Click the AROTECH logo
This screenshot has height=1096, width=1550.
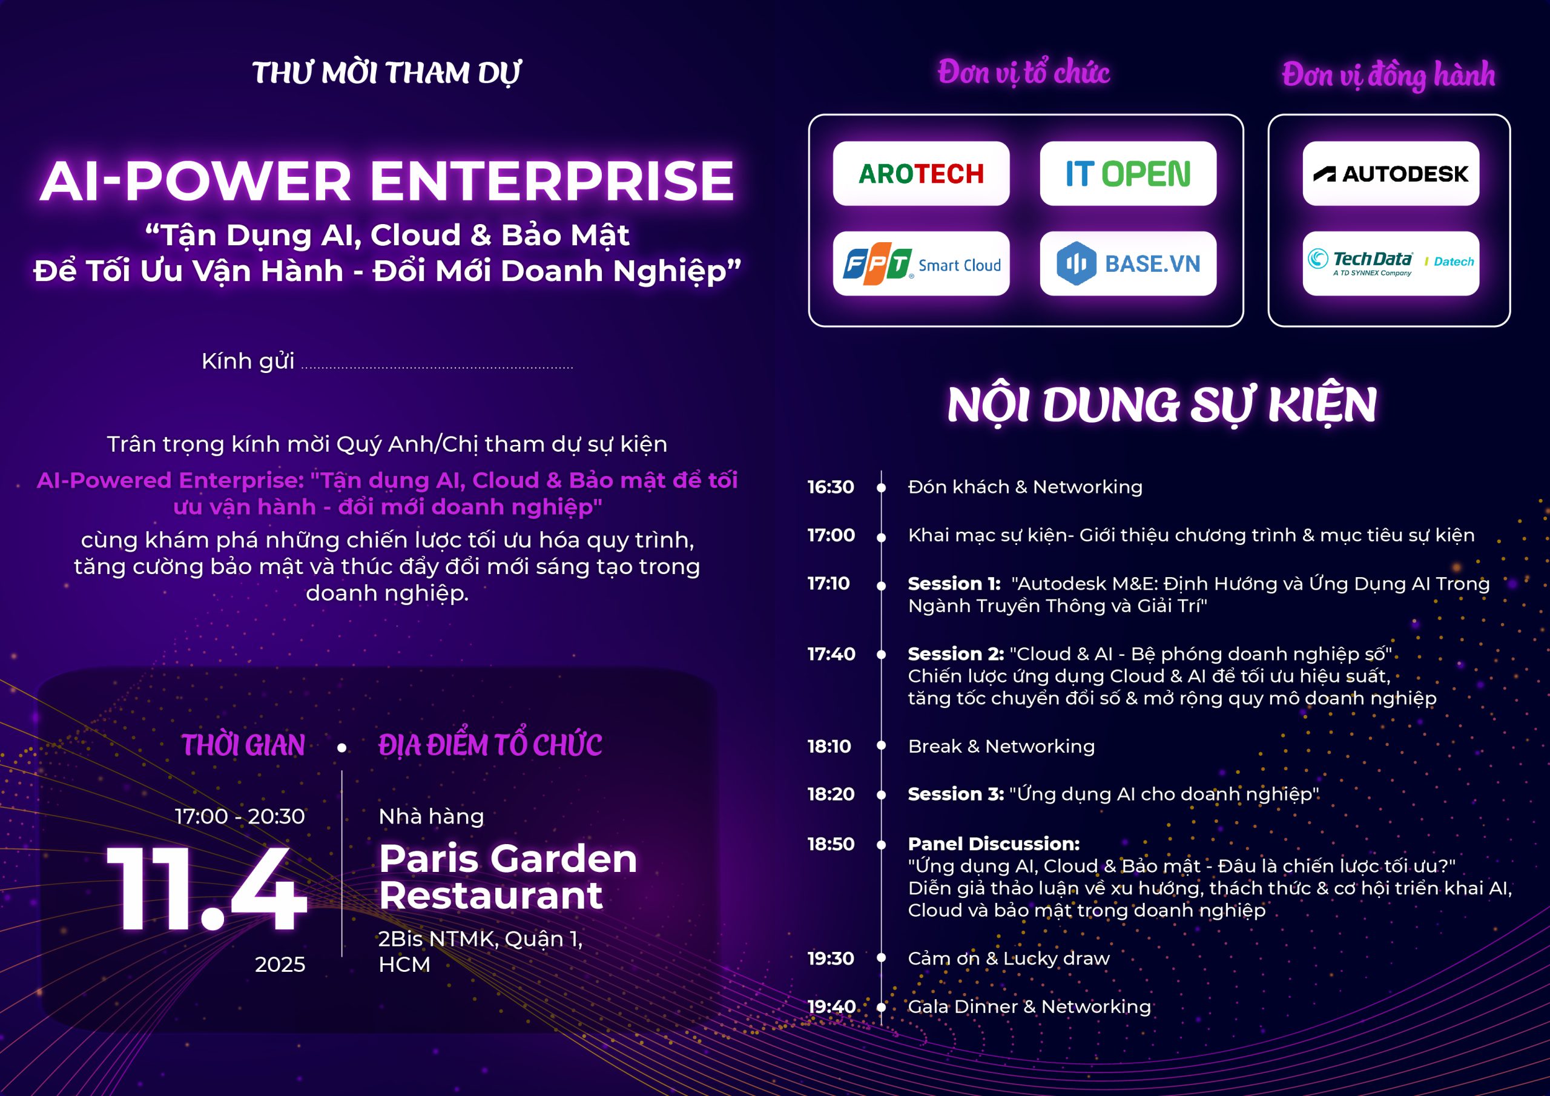click(921, 174)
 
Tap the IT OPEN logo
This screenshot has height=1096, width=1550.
click(1128, 174)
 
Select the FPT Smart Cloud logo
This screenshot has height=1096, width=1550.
click(921, 263)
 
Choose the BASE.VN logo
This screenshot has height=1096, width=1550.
click(1128, 263)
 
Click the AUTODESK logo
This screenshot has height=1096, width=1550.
click(1391, 174)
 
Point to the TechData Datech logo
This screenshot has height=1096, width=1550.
click(1391, 263)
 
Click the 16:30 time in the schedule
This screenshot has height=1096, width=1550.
click(831, 487)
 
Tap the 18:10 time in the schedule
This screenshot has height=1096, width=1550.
click(829, 746)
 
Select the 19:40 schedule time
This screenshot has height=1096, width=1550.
click(832, 1006)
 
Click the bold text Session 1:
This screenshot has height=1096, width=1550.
click(954, 584)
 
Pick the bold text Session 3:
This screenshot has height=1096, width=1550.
click(956, 793)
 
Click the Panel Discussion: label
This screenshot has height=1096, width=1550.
click(994, 843)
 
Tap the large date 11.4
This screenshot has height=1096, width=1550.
click(206, 888)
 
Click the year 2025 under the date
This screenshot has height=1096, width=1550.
click(280, 965)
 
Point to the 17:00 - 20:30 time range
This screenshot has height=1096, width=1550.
click(240, 816)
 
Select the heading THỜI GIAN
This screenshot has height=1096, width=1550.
click(243, 745)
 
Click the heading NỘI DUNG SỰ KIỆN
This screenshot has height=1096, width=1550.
click(1162, 406)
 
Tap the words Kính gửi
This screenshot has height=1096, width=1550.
click(248, 362)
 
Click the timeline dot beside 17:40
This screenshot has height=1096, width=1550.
click(881, 655)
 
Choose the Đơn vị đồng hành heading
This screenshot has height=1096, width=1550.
click(1389, 75)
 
